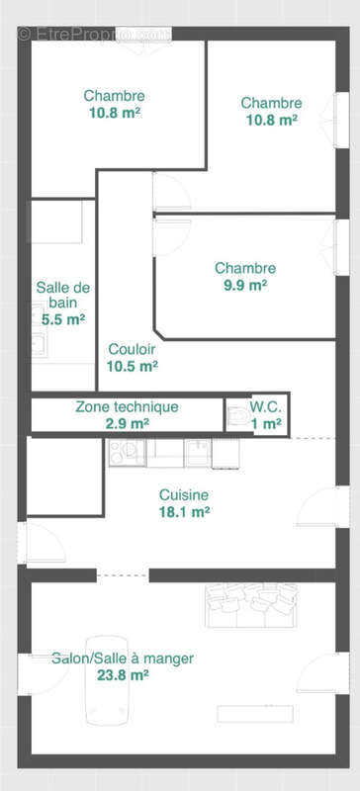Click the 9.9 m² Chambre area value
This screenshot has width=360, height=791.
click(244, 286)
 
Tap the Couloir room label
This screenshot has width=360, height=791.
click(133, 349)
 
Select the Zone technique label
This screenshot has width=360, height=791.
click(127, 406)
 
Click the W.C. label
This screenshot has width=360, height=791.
click(265, 406)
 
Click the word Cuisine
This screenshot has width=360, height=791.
click(184, 495)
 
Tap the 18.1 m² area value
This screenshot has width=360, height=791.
click(184, 512)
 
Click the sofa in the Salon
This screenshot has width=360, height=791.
click(250, 604)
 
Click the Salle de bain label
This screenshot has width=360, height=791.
click(63, 296)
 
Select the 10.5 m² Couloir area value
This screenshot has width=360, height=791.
click(133, 366)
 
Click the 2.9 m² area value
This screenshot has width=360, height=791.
click(127, 423)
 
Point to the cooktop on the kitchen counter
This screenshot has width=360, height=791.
click(126, 453)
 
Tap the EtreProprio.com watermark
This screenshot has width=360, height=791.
click(93, 33)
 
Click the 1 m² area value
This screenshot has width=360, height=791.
click(266, 423)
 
